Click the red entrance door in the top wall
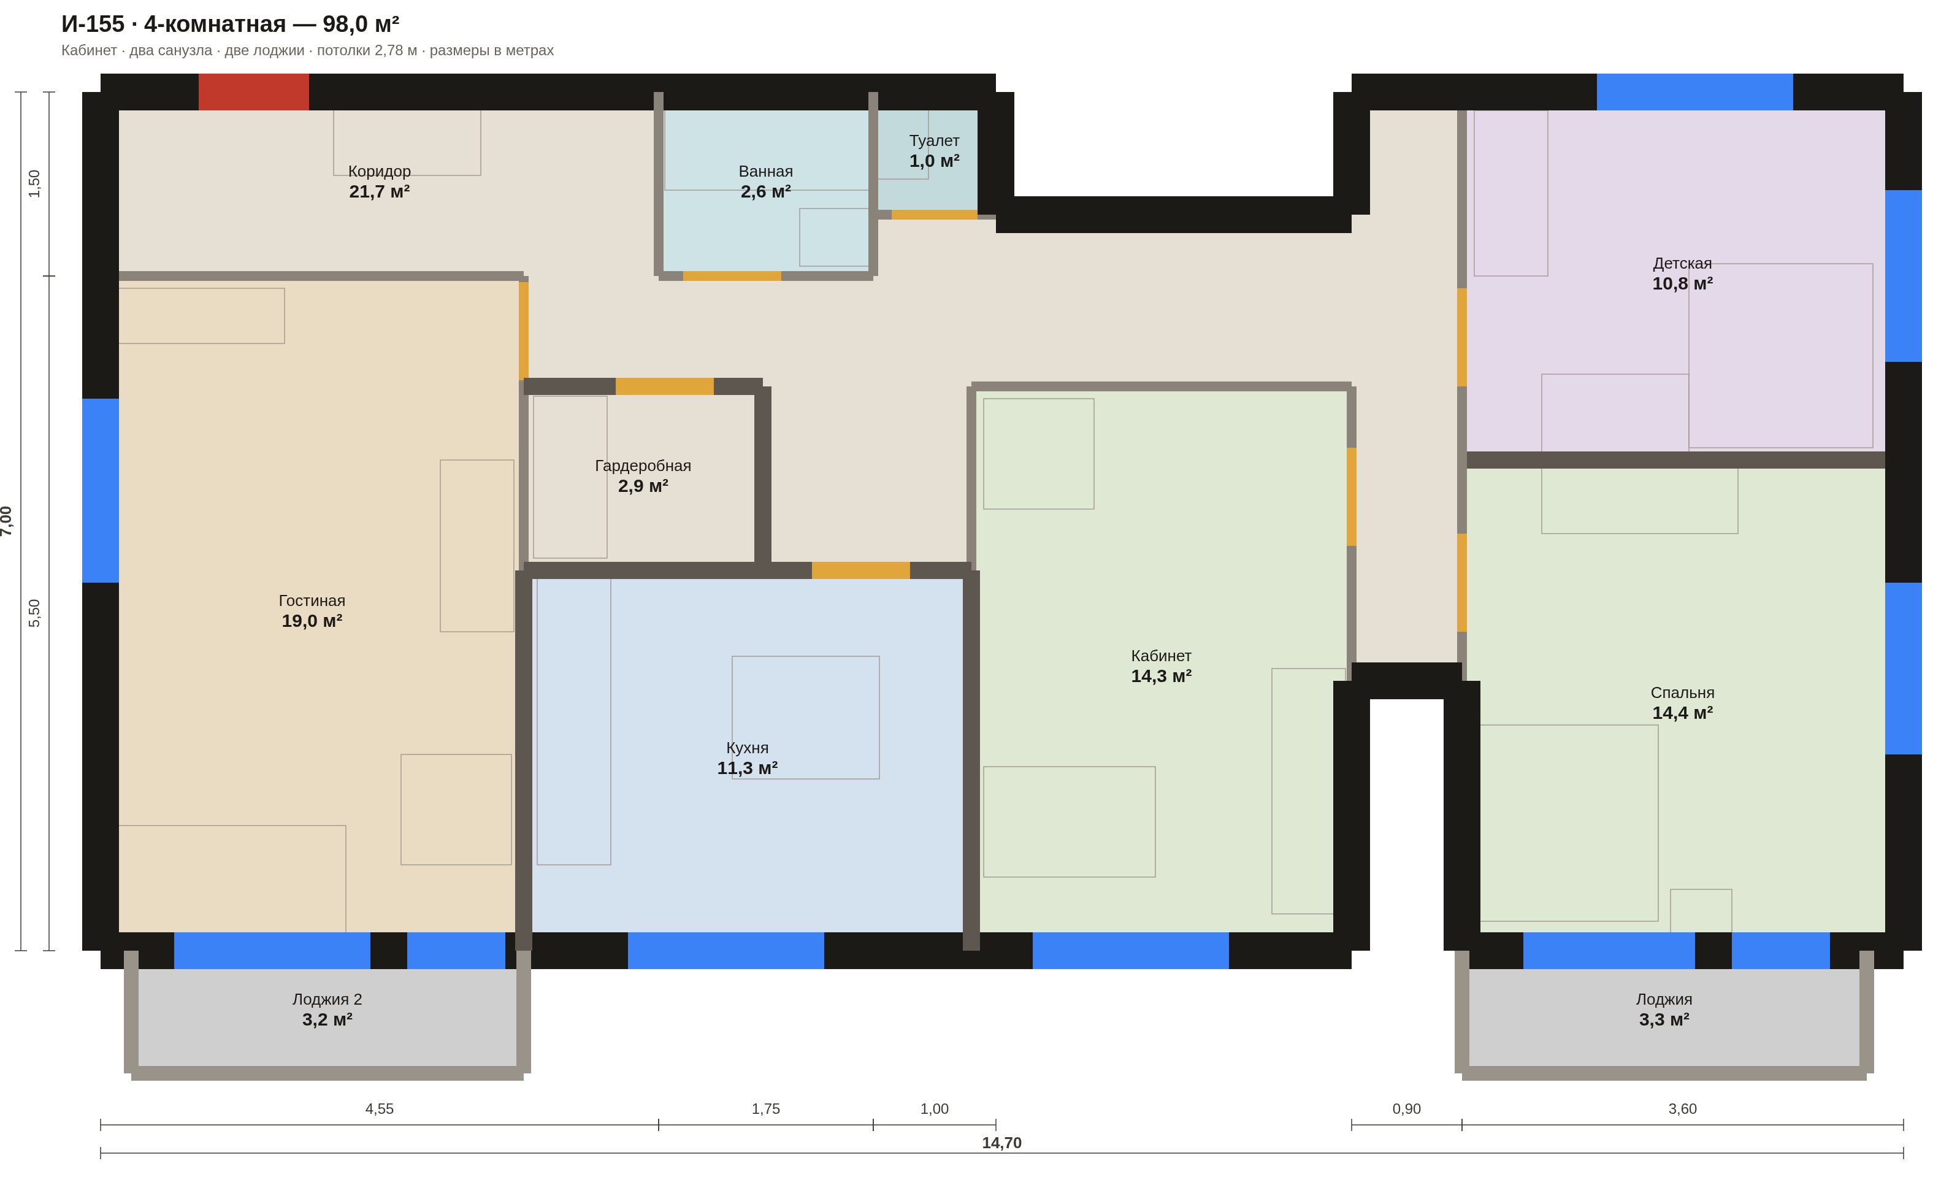pos(254,92)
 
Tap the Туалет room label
pos(934,141)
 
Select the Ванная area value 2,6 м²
pos(765,191)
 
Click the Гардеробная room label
pos(643,466)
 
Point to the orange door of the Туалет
pos(934,215)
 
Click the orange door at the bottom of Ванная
pos(732,276)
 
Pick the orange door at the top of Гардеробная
pos(664,386)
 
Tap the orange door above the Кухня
pos(860,570)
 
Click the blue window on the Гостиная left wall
pos(100,491)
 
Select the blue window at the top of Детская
pos(1695,92)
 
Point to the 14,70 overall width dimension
pos(1001,1143)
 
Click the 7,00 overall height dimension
pos(6,521)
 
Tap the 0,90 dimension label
pos(1406,1109)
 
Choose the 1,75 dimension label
pos(765,1109)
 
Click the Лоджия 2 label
pos(327,1000)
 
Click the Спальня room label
pos(1682,692)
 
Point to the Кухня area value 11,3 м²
pos(747,769)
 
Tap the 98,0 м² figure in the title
pos(361,24)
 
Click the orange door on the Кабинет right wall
pos(1352,497)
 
